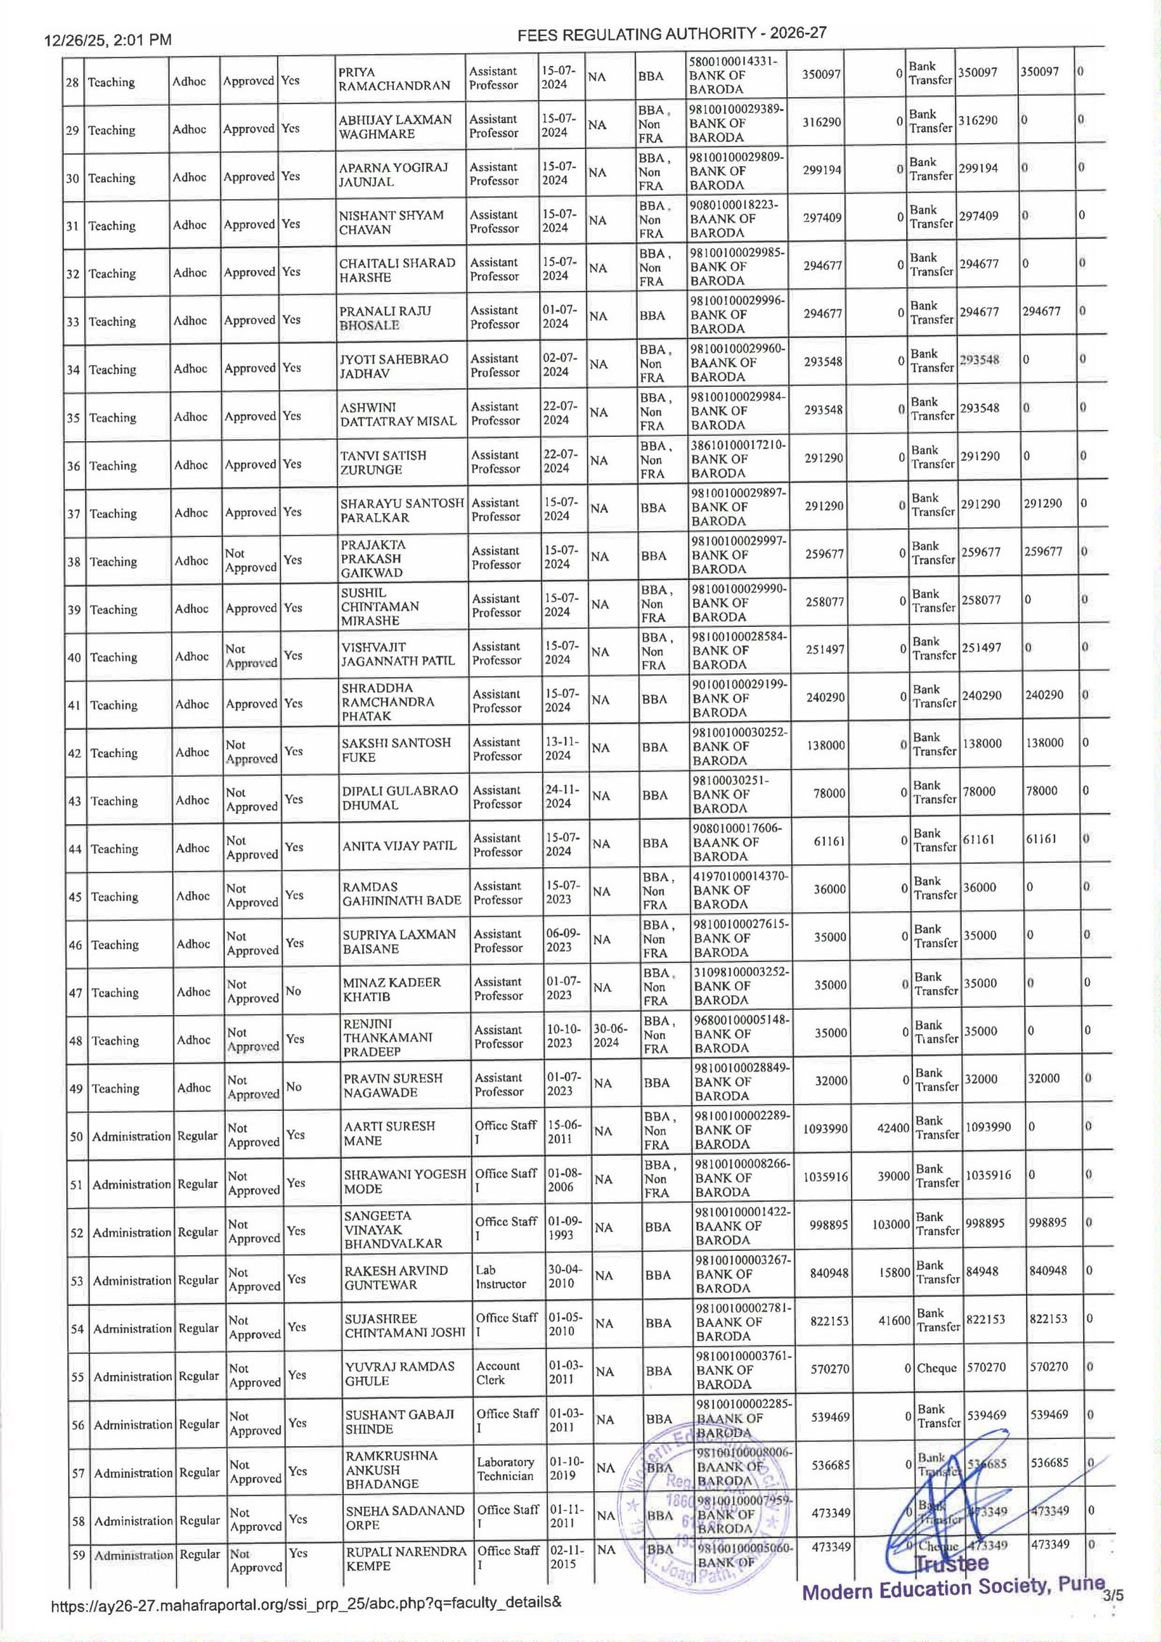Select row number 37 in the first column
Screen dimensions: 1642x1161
[73, 514]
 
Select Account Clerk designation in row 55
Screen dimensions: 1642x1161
[499, 1373]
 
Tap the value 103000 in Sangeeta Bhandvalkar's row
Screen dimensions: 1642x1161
[891, 1224]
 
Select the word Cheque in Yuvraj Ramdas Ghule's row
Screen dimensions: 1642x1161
[937, 1368]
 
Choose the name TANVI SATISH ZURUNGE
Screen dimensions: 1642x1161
[384, 462]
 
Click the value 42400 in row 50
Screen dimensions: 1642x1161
[893, 1128]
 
